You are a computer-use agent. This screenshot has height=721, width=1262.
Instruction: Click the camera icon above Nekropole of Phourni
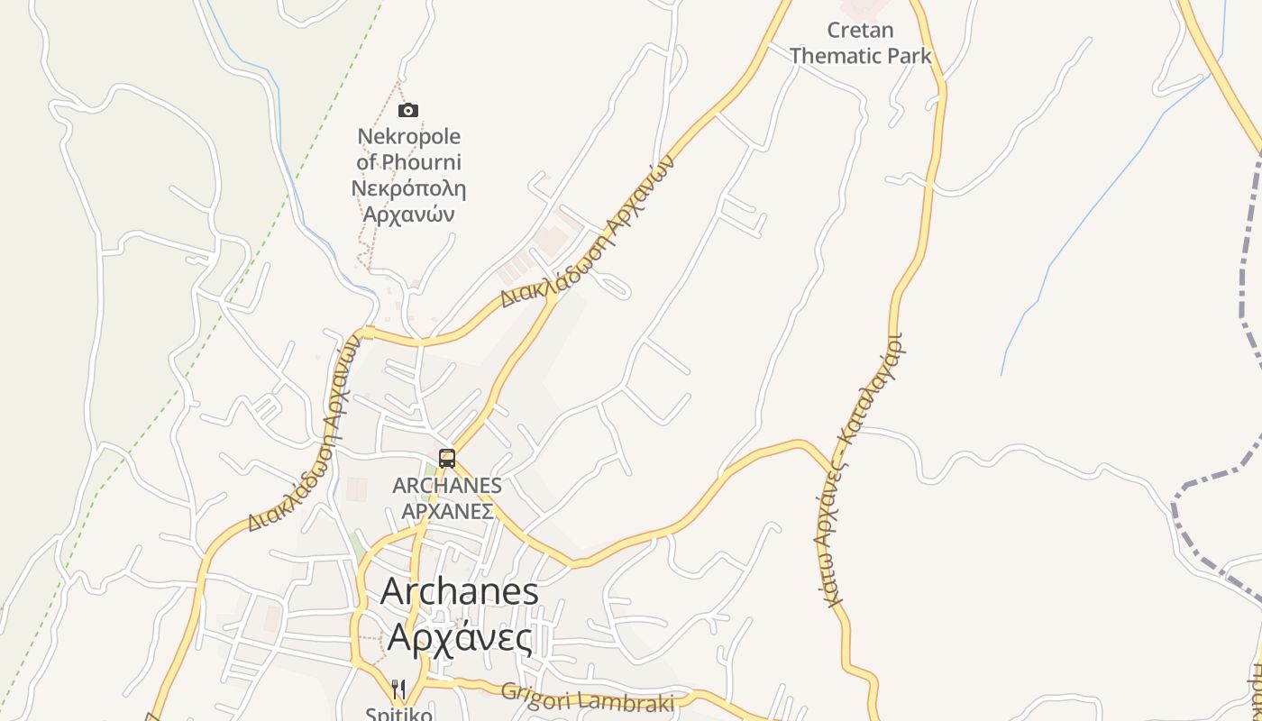pyautogui.click(x=408, y=110)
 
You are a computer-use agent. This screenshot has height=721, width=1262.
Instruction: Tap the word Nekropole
pyautogui.click(x=408, y=137)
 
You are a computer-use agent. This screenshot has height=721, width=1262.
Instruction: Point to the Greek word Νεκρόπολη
pyautogui.click(x=408, y=188)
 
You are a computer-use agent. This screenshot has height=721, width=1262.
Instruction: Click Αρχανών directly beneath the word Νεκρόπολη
pyautogui.click(x=408, y=214)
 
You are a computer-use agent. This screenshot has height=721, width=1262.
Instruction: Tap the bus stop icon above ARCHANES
pyautogui.click(x=447, y=458)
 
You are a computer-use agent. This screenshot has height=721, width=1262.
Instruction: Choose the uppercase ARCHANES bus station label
pyautogui.click(x=447, y=486)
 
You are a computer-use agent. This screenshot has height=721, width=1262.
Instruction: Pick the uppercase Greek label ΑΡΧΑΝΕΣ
pyautogui.click(x=447, y=511)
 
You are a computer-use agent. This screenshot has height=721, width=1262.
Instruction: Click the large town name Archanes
pyautogui.click(x=460, y=592)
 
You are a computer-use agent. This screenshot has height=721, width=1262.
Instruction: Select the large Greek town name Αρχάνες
pyautogui.click(x=460, y=636)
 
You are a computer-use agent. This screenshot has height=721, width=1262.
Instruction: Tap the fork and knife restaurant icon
pyautogui.click(x=398, y=690)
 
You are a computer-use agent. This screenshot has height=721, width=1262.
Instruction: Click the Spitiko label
pyautogui.click(x=398, y=714)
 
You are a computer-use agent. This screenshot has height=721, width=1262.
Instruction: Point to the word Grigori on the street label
pyautogui.click(x=532, y=695)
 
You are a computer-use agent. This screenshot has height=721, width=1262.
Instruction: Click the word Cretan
pyautogui.click(x=861, y=31)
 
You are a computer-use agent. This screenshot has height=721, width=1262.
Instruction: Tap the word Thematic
pyautogui.click(x=836, y=56)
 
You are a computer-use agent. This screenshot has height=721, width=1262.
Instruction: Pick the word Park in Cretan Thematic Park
pyautogui.click(x=909, y=56)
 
